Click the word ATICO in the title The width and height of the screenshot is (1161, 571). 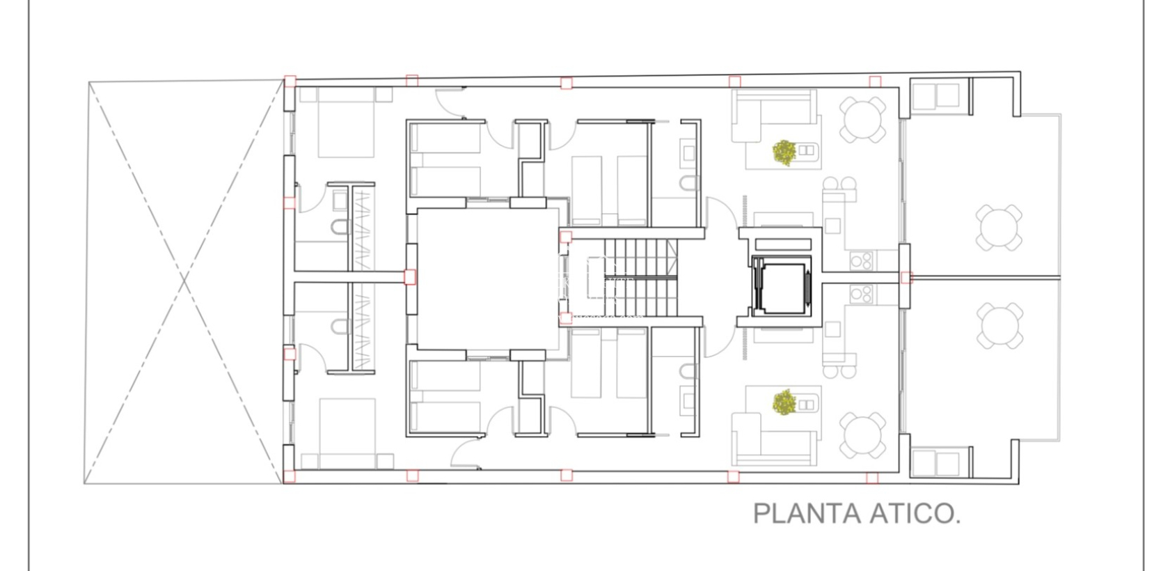(915, 514)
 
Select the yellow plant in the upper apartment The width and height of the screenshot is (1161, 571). (784, 152)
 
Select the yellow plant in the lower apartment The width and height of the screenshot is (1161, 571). (784, 402)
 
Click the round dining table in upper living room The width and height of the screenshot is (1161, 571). (862, 120)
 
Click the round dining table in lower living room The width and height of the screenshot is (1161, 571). (862, 435)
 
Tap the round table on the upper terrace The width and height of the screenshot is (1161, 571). (999, 227)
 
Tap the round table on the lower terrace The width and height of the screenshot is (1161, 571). (999, 326)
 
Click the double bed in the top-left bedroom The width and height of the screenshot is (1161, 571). (347, 123)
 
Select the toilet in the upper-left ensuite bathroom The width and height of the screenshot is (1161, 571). (340, 227)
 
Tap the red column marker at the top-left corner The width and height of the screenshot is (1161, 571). (290, 81)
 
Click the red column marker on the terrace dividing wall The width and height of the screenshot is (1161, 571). (906, 277)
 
